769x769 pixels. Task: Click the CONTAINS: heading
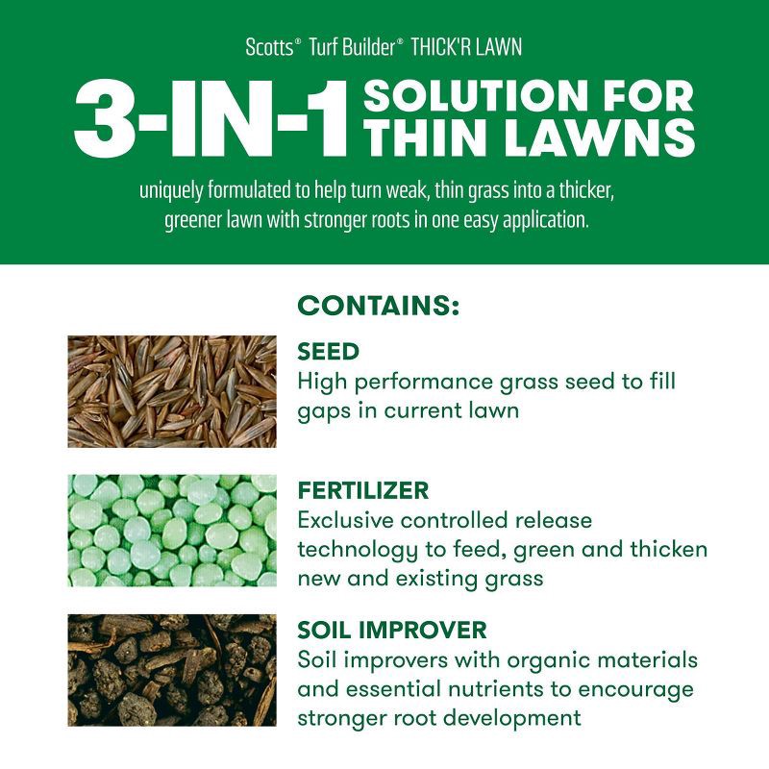coord(379,307)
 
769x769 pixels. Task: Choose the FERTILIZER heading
coord(363,491)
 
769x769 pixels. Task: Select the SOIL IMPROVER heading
coord(392,631)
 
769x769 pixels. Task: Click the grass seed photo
coord(171,391)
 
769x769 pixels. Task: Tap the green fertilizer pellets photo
coord(171,530)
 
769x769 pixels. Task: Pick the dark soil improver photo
coord(171,670)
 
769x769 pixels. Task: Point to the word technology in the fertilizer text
coord(359,550)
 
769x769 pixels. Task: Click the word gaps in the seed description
coord(322,411)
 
